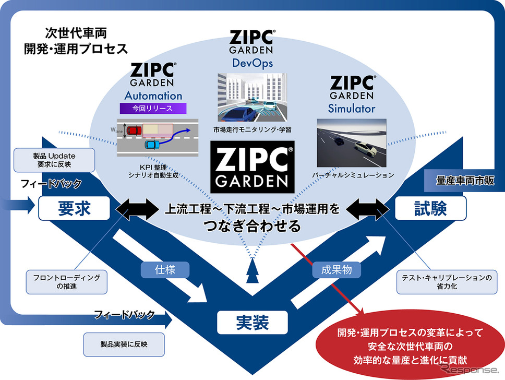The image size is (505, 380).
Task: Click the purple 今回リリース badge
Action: point(153,109)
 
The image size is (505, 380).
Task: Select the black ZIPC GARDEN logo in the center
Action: point(253,165)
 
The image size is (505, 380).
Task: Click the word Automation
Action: point(153,96)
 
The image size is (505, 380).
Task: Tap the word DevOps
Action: point(252,63)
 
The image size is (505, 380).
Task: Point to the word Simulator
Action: point(352,109)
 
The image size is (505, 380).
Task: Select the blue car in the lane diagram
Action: point(151,144)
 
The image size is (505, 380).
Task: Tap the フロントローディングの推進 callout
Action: point(67,281)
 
